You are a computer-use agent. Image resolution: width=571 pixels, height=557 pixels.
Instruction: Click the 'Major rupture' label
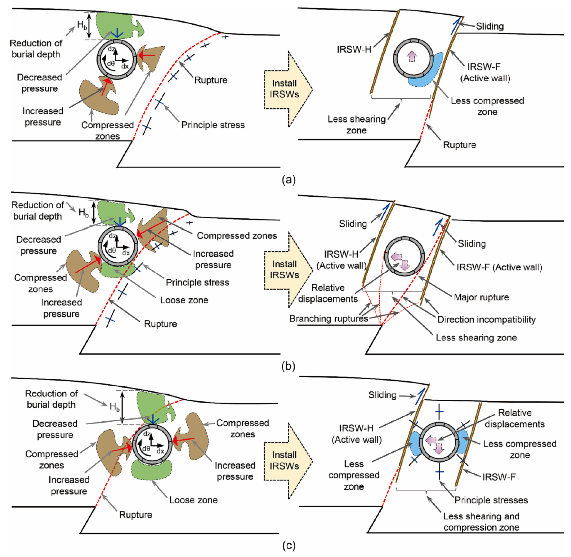click(x=481, y=297)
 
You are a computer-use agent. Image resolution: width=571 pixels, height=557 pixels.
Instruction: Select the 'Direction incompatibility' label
click(x=486, y=319)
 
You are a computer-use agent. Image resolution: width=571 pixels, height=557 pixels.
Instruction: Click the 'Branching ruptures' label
click(x=328, y=318)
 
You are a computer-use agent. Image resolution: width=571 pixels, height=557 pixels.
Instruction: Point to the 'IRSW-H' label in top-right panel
click(x=354, y=49)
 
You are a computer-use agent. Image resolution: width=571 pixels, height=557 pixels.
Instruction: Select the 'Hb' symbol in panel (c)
click(x=114, y=407)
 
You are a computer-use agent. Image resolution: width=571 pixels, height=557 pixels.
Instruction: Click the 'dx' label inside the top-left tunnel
click(x=125, y=66)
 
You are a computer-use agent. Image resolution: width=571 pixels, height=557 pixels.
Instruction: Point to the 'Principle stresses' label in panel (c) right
click(x=491, y=500)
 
